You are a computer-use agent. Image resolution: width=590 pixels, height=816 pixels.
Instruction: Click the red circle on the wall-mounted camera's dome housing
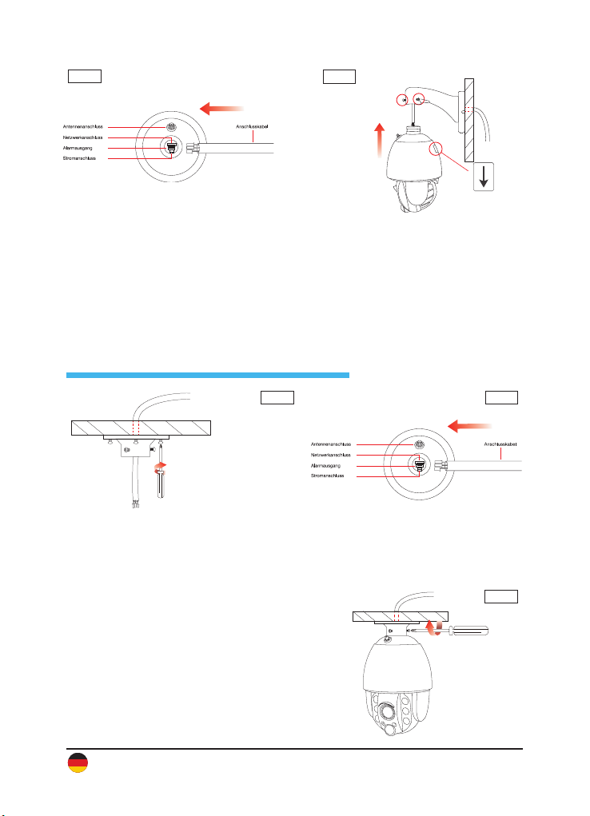tap(437, 149)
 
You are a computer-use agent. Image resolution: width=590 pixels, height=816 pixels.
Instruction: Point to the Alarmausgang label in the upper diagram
tap(80, 149)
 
